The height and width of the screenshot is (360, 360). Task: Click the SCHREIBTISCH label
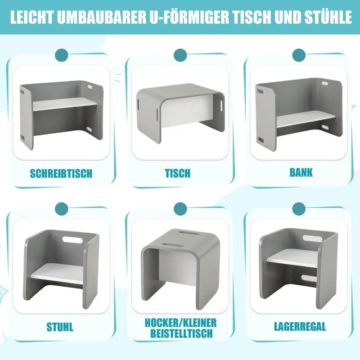click(61, 174)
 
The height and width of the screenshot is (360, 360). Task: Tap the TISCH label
click(178, 174)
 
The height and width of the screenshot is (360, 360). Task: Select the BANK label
click(301, 173)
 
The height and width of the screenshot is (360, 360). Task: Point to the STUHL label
click(60, 327)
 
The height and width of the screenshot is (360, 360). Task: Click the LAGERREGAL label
click(300, 327)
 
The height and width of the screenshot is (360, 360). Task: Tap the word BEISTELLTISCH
click(181, 333)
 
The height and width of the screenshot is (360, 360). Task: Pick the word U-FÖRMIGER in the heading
click(189, 17)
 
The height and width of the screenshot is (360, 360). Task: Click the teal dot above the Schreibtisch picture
click(62, 55)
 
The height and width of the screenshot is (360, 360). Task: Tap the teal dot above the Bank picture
click(299, 55)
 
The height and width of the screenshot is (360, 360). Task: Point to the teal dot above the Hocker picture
click(180, 209)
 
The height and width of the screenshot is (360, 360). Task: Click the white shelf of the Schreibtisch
click(65, 104)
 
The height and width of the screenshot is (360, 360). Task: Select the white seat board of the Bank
click(306, 119)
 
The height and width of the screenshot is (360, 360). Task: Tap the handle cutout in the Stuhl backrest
click(72, 240)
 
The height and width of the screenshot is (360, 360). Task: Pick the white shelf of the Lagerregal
click(292, 257)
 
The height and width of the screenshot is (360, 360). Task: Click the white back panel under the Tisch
click(187, 111)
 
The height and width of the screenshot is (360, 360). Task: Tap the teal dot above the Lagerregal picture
click(299, 209)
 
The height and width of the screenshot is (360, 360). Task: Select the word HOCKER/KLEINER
click(180, 323)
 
